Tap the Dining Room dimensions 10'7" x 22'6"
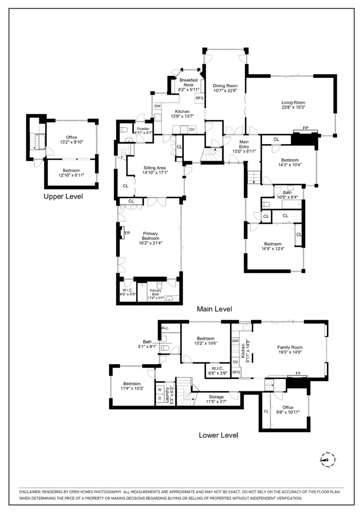pyautogui.click(x=224, y=91)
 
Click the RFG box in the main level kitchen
pyautogui.click(x=199, y=98)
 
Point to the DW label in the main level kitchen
pyautogui.click(x=158, y=106)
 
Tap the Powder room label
pyautogui.click(x=143, y=129)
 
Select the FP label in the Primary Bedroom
pyautogui.click(x=127, y=233)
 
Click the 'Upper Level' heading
pyautogui.click(x=63, y=196)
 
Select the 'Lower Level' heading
pyautogui.click(x=218, y=435)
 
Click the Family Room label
pyautogui.click(x=290, y=347)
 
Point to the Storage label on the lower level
pyautogui.click(x=216, y=397)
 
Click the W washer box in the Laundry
pyautogui.click(x=160, y=389)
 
